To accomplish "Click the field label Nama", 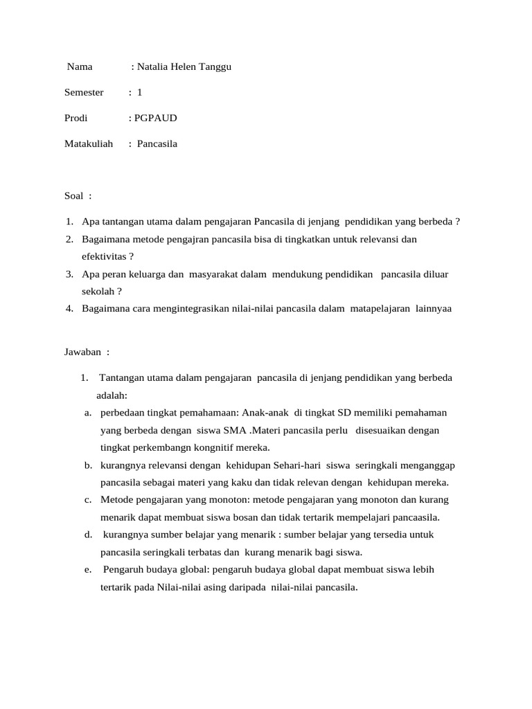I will point(80,67).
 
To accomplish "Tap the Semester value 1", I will point(139,92).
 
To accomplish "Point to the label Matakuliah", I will point(89,144).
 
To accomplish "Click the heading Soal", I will point(74,196).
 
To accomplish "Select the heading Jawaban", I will point(83,352).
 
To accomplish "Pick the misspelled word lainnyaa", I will point(434,309).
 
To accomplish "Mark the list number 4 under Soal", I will point(70,309).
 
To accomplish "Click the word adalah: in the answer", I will point(112,395).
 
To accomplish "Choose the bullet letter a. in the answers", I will point(89,413).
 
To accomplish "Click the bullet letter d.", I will point(89,535).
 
